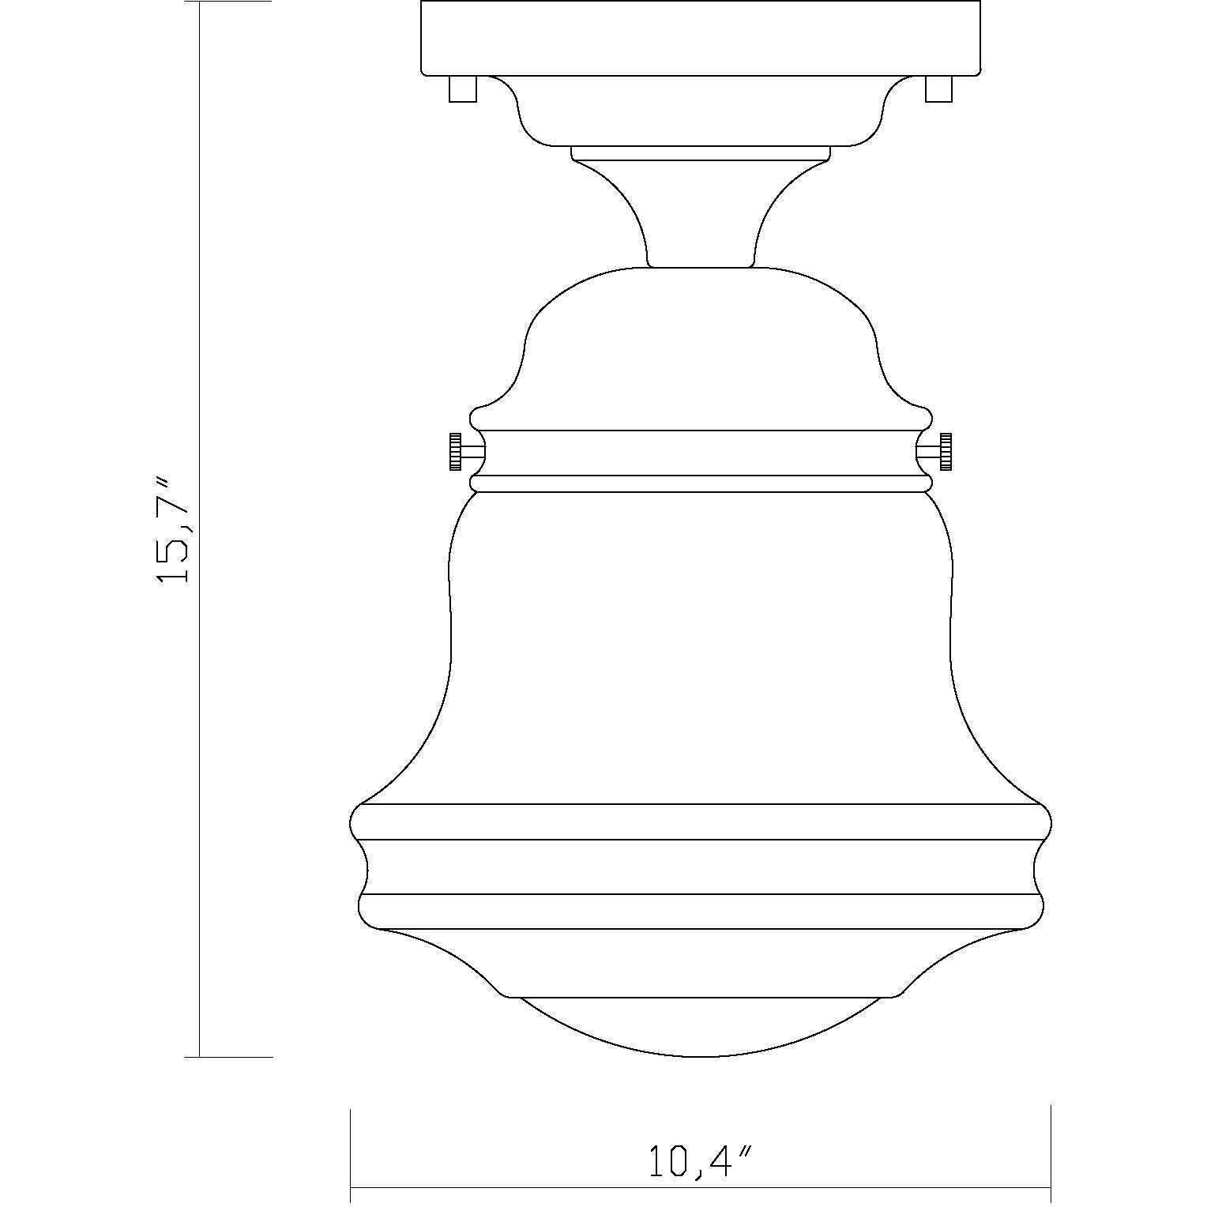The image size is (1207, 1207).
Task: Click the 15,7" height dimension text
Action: click(x=173, y=530)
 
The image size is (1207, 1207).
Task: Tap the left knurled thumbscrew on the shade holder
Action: click(x=456, y=453)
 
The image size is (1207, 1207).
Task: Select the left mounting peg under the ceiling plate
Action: click(x=462, y=88)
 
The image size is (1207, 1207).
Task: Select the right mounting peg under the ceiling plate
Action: click(x=938, y=88)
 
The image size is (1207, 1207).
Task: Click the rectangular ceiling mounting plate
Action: click(x=701, y=38)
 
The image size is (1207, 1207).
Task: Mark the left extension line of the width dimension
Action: click(x=350, y=1153)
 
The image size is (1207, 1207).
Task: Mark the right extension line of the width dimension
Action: click(x=1051, y=1153)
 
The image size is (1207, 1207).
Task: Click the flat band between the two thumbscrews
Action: click(x=701, y=453)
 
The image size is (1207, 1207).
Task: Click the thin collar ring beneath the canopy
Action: click(x=701, y=153)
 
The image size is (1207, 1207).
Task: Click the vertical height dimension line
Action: click(x=200, y=711)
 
